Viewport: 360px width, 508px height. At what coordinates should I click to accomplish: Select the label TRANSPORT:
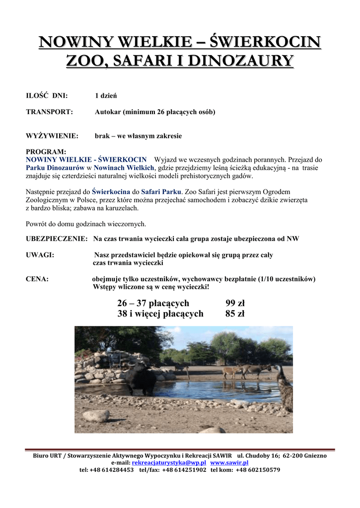(49, 112)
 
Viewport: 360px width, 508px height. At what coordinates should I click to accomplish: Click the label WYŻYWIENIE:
(52, 136)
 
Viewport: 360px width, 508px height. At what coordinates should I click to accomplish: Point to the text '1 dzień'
(105, 95)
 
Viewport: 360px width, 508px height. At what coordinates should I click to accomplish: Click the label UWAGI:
(40, 255)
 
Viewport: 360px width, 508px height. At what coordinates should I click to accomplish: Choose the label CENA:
(37, 279)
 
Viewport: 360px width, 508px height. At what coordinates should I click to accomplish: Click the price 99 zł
(235, 304)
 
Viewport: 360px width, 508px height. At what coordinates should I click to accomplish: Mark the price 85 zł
(235, 314)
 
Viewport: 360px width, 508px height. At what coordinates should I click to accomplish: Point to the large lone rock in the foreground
(96, 415)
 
